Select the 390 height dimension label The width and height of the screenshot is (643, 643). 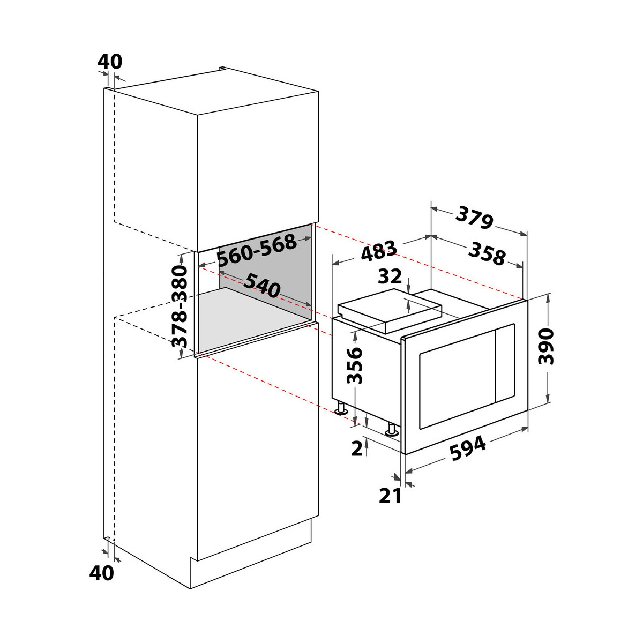point(546,346)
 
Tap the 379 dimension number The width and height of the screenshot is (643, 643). point(474,217)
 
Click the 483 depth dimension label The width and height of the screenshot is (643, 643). point(379,251)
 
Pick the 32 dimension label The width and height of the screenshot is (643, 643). point(390,276)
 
